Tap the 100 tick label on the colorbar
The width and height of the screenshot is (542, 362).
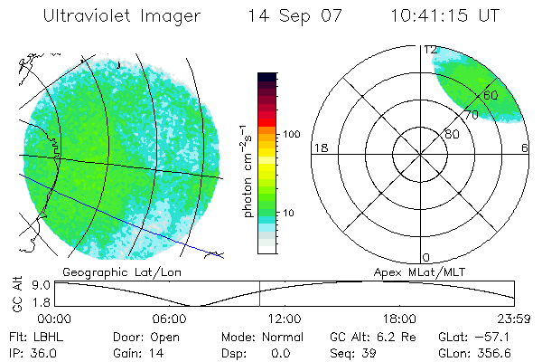(x=290, y=134)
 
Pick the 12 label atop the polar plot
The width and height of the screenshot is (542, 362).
(x=431, y=50)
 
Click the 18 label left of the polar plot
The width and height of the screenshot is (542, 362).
(x=319, y=148)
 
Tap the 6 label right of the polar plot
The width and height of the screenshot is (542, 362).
(x=525, y=148)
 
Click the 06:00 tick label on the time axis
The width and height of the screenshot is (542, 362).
(x=170, y=318)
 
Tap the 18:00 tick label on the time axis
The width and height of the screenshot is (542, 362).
(x=399, y=318)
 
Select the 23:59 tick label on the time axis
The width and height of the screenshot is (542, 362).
(x=514, y=318)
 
